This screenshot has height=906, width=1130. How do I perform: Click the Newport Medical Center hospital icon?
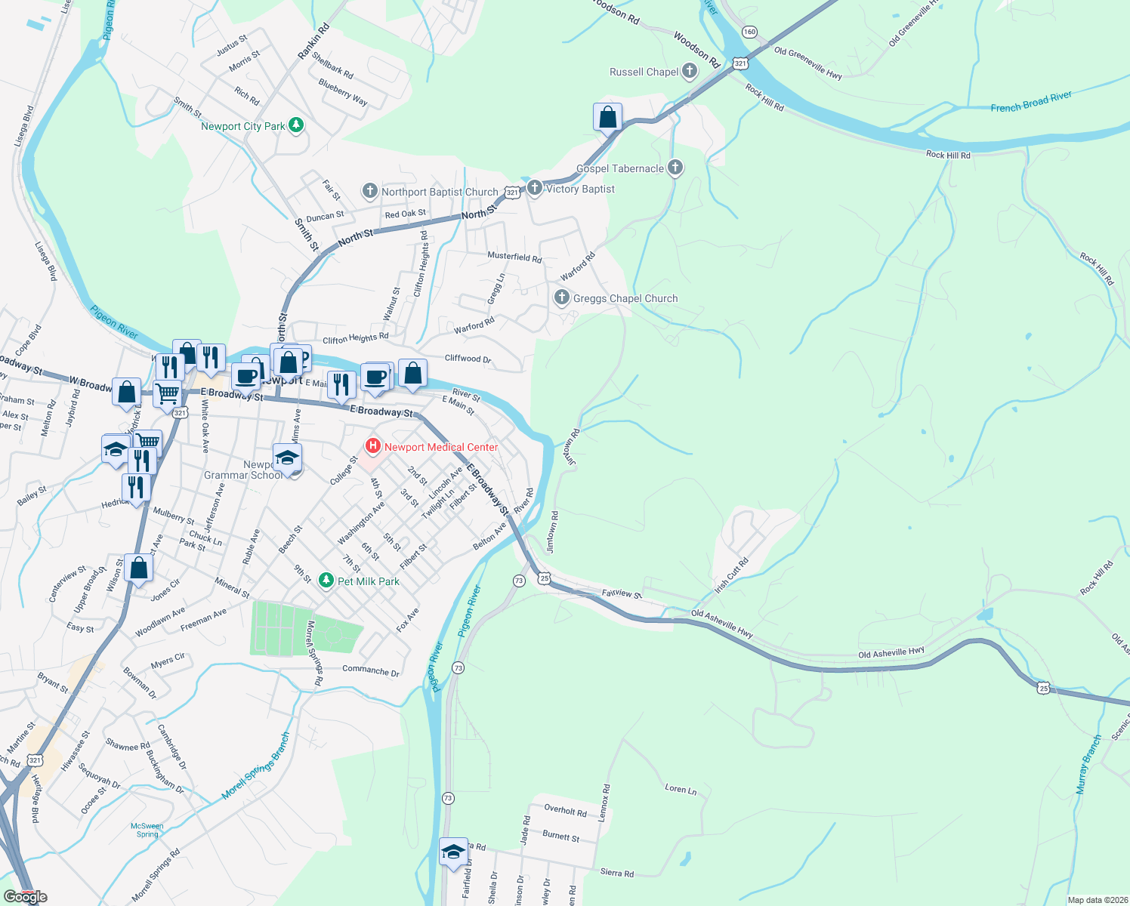click(372, 446)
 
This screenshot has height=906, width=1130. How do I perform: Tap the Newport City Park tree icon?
click(296, 125)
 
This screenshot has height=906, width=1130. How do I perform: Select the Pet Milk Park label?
click(369, 581)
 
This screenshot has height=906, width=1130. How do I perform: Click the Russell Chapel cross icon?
click(689, 72)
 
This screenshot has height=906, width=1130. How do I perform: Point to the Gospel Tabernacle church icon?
click(675, 168)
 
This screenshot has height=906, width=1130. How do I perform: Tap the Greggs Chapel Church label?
click(625, 298)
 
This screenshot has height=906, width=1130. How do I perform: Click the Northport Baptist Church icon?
click(369, 191)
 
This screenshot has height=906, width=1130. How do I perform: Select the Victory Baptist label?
click(580, 189)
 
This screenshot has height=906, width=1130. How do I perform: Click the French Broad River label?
click(1031, 102)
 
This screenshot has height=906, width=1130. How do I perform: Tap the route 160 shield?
click(749, 32)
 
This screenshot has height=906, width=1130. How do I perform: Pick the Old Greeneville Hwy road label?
click(807, 63)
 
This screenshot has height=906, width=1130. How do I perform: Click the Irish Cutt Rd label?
click(731, 575)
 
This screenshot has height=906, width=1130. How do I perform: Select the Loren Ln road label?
click(681, 789)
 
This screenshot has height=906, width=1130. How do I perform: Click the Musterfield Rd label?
click(514, 257)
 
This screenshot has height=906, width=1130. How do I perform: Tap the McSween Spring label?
click(147, 830)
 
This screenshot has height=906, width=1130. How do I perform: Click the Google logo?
click(26, 897)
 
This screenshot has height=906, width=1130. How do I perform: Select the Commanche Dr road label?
click(371, 670)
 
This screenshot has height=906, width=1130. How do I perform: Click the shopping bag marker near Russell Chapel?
click(607, 118)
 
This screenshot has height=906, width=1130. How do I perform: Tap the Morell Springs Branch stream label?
click(256, 766)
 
